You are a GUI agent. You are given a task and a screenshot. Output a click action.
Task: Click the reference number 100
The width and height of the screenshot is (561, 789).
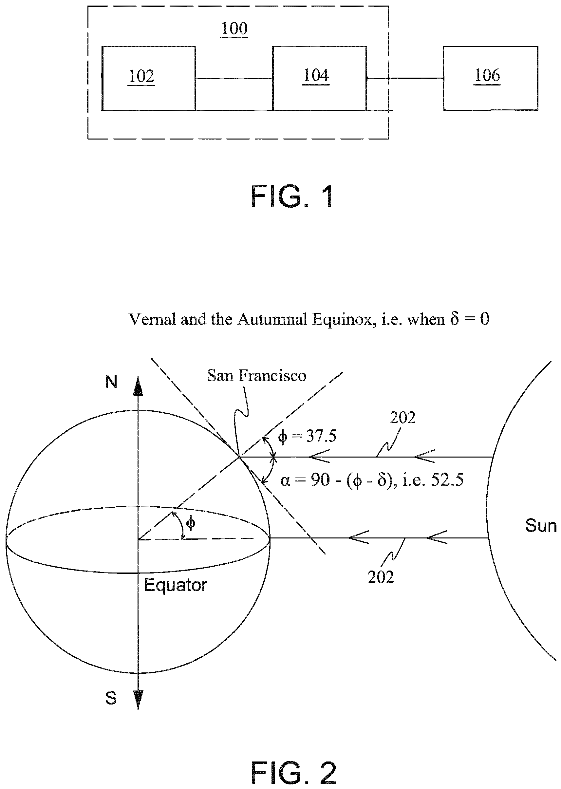click(x=234, y=28)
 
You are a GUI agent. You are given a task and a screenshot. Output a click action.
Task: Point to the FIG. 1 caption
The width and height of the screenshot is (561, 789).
click(x=292, y=196)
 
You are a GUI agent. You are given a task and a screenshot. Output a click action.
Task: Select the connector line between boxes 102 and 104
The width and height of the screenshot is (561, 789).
click(x=234, y=78)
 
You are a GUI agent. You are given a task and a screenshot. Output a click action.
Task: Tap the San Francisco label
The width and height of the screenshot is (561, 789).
click(x=257, y=376)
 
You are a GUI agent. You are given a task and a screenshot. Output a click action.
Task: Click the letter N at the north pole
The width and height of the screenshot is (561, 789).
click(x=111, y=382)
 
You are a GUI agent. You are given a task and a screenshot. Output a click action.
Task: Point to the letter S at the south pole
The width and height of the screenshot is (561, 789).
click(x=111, y=698)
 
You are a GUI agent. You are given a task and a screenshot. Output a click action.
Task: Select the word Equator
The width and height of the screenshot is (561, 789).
click(x=176, y=585)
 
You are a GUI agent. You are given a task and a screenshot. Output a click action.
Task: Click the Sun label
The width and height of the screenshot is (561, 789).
click(x=541, y=525)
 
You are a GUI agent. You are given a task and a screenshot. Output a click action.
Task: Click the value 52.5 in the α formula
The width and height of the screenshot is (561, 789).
click(x=447, y=480)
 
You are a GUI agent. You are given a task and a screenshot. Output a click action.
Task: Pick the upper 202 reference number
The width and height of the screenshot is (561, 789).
click(x=402, y=418)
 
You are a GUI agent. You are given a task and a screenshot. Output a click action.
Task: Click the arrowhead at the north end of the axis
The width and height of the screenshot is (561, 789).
click(x=138, y=386)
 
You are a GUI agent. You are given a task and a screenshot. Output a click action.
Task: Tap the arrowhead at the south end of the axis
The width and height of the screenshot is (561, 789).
click(x=138, y=700)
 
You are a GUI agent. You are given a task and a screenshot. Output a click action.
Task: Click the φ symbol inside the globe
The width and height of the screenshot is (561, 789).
click(x=190, y=523)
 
